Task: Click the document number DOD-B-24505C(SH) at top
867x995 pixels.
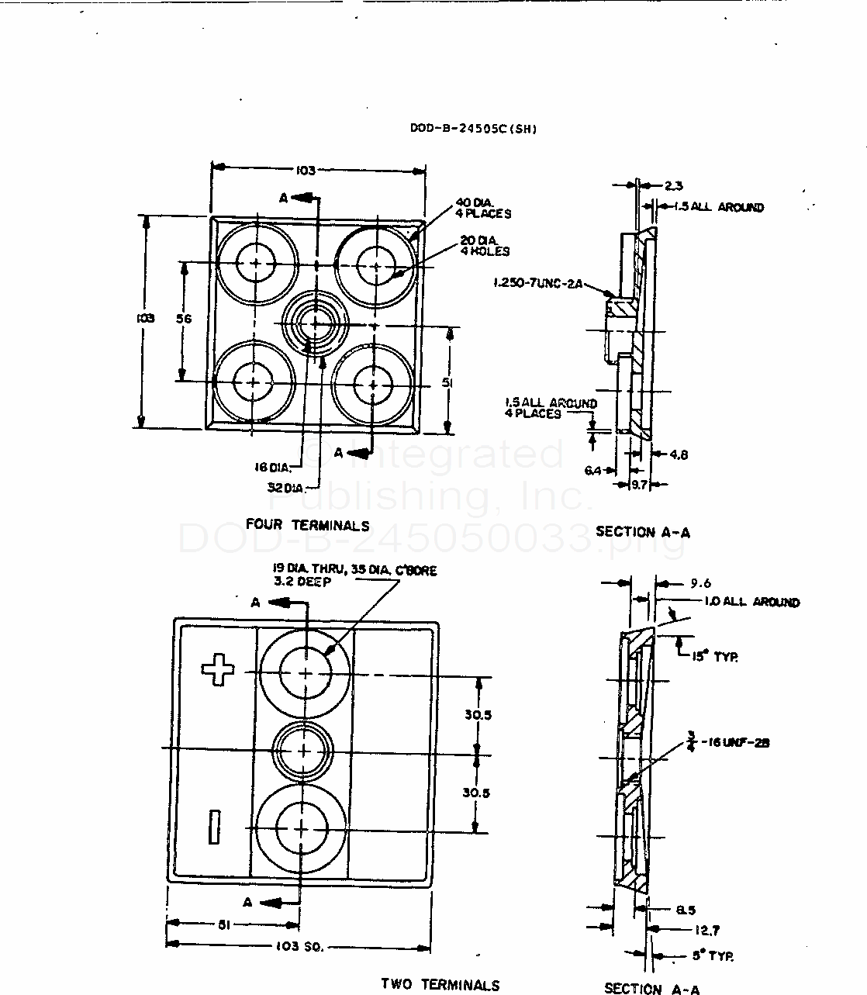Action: point(473,129)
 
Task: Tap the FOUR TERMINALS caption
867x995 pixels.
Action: point(307,525)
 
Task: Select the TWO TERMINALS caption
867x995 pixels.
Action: point(440,984)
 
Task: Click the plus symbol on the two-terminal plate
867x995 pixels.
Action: point(218,669)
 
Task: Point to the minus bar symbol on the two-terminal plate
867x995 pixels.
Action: point(214,827)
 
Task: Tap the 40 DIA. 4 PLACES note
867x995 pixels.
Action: point(483,209)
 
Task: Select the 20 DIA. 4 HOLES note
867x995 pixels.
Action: point(485,246)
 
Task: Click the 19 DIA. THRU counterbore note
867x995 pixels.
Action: point(354,575)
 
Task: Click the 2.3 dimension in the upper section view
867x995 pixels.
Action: point(673,185)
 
